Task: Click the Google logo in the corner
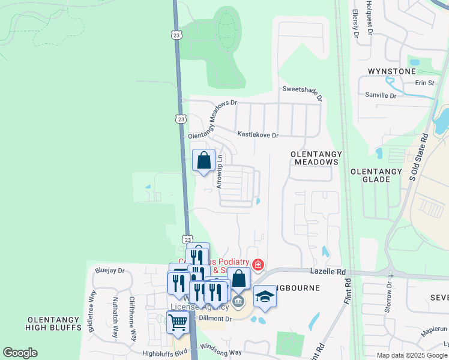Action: [x=20, y=353]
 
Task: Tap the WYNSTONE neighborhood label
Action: [x=391, y=72]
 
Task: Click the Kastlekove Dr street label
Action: [x=258, y=136]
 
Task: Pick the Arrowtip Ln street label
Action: [x=220, y=172]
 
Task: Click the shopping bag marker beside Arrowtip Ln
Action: [x=203, y=161]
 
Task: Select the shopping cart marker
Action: [x=178, y=323]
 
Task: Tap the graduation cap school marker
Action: [x=265, y=297]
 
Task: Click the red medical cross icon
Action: [x=258, y=264]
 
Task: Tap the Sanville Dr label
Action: [x=381, y=95]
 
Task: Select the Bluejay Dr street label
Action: [x=109, y=271]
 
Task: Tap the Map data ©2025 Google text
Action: [x=412, y=355]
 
